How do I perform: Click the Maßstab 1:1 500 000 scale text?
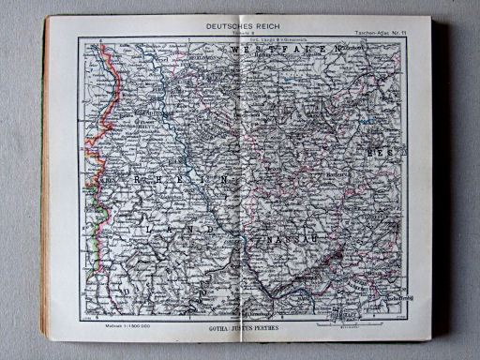[x=112, y=322]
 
